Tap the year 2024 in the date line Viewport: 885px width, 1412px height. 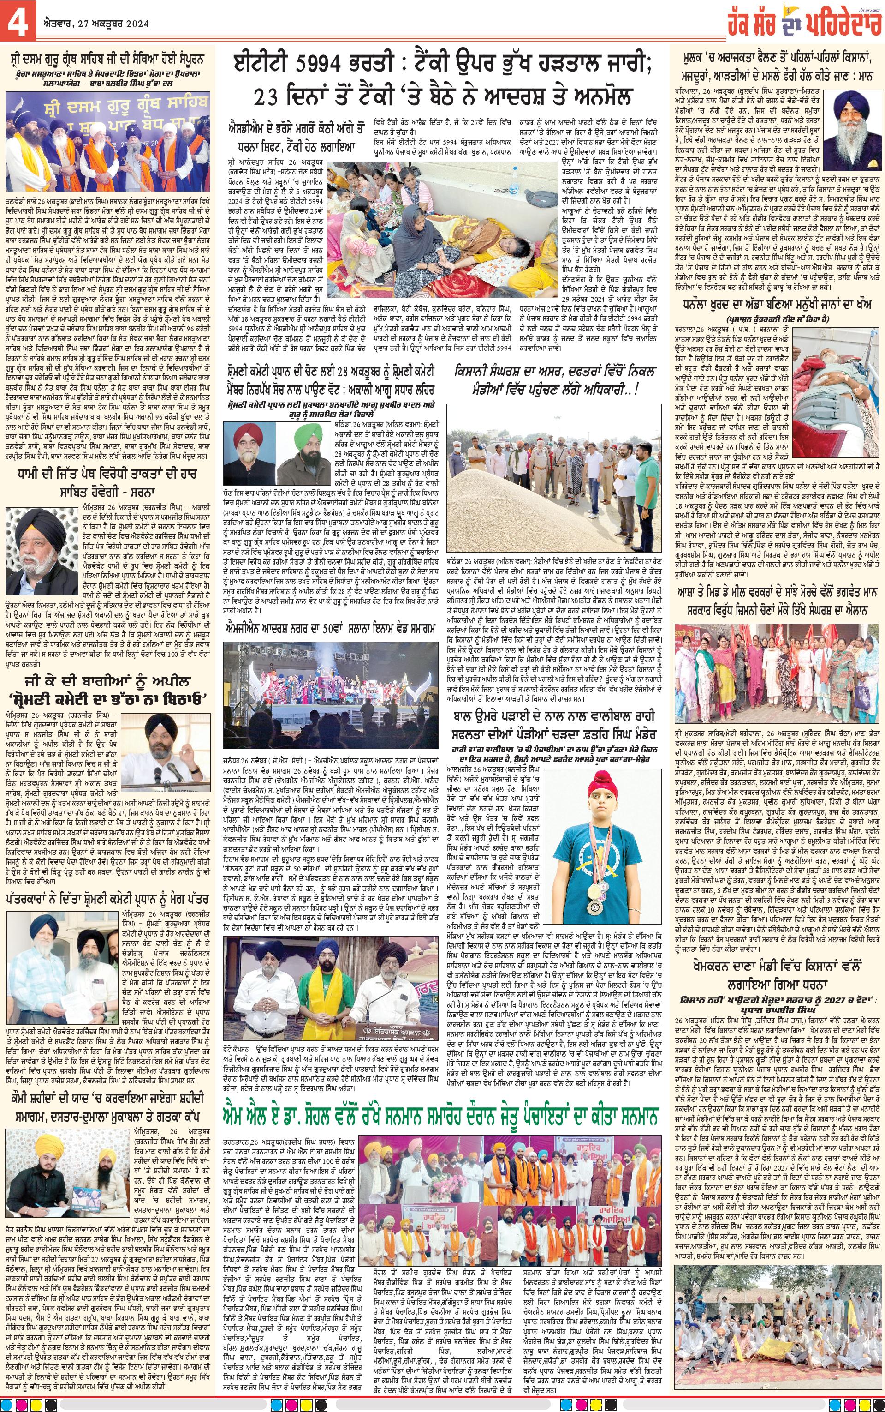click(133, 24)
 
